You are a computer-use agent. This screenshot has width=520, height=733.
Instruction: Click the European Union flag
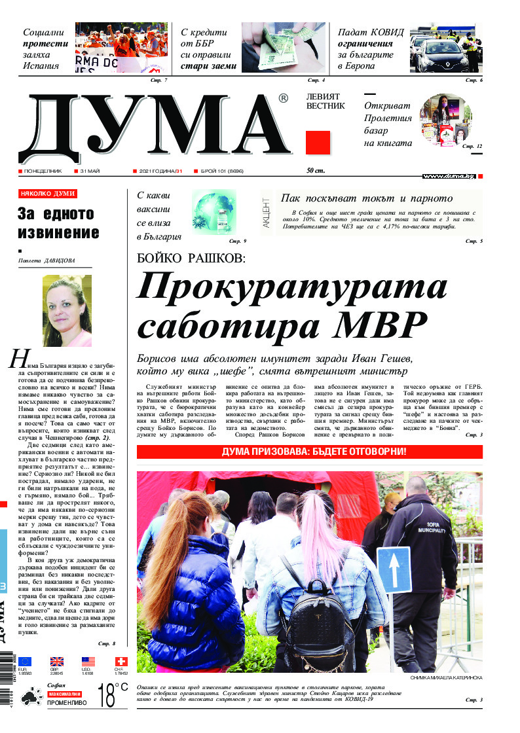25,662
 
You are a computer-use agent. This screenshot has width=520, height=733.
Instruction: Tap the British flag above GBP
57,662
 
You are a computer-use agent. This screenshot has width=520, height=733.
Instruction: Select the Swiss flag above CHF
121,662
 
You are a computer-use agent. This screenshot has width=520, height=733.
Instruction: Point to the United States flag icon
88,662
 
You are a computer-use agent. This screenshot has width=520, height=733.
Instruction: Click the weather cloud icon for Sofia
30,698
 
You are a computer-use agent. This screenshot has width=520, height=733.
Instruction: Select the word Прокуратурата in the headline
292,285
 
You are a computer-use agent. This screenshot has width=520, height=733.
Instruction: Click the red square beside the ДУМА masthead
318,142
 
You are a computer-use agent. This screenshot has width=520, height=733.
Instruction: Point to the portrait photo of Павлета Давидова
67,311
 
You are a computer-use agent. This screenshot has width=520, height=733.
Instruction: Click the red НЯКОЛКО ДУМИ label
48,194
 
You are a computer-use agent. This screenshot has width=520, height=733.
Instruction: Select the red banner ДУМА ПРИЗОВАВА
309,452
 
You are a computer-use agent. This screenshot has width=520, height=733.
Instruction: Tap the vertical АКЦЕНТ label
266,213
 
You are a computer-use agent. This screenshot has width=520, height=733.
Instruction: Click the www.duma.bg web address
449,177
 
